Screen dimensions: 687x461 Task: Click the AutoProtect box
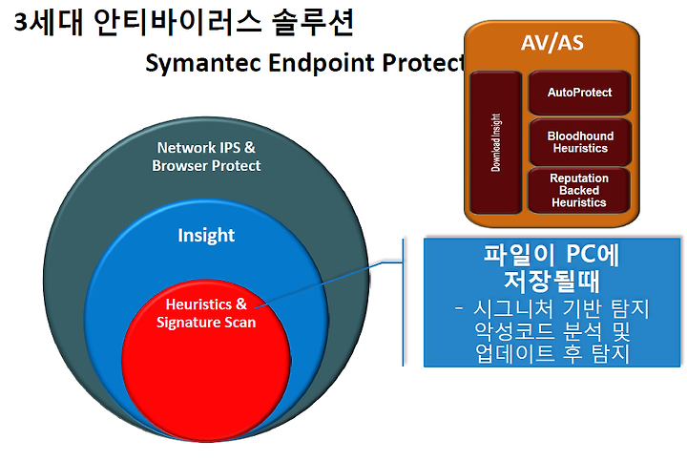pos(580,93)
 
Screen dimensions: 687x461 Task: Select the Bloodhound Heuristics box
pos(580,142)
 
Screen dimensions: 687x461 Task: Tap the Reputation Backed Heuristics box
pos(579,191)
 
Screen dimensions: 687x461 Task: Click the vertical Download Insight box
pos(495,142)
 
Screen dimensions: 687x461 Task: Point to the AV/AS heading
pos(552,43)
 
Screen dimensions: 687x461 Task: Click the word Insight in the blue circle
pos(206,236)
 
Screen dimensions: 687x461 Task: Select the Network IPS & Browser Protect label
pos(206,157)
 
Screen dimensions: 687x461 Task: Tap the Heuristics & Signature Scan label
pos(206,313)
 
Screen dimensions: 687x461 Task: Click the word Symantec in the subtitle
pos(202,64)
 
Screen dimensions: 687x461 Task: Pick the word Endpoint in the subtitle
pos(322,63)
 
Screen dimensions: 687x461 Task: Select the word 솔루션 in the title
pos(312,22)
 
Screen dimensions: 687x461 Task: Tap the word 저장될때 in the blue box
pos(552,280)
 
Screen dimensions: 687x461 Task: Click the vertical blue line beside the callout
pos(403,302)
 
